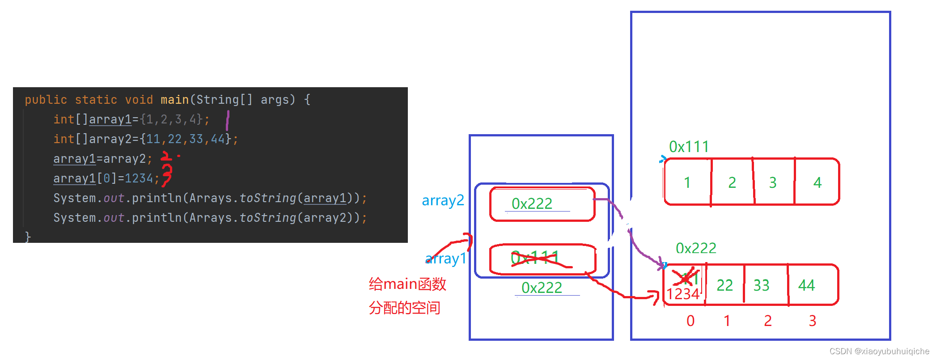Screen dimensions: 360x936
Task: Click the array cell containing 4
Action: pos(817,182)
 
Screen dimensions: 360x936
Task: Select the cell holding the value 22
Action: pos(724,285)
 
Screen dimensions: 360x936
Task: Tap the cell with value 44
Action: pos(807,285)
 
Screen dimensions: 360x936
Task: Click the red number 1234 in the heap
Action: pos(683,294)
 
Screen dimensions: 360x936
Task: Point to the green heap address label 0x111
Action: pos(689,147)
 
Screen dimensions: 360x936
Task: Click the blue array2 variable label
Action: pos(443,200)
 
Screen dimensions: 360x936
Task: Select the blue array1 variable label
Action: pos(446,258)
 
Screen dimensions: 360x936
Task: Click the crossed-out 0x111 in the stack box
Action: pos(535,258)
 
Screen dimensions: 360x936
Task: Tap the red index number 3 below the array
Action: pos(813,321)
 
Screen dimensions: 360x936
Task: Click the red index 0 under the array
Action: pos(690,321)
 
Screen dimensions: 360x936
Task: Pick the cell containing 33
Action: pos(761,285)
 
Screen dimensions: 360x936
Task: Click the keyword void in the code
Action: pos(139,100)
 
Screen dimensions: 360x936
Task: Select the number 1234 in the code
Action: pos(139,178)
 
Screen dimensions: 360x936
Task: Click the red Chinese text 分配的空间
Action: pos(405,308)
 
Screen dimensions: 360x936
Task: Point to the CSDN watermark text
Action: pos(879,352)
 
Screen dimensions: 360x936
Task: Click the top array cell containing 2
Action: pos(732,182)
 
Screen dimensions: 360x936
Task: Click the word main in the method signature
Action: pos(174,100)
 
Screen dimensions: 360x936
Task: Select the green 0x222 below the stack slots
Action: pos(542,288)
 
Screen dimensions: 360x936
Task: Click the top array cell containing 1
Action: pos(687,182)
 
